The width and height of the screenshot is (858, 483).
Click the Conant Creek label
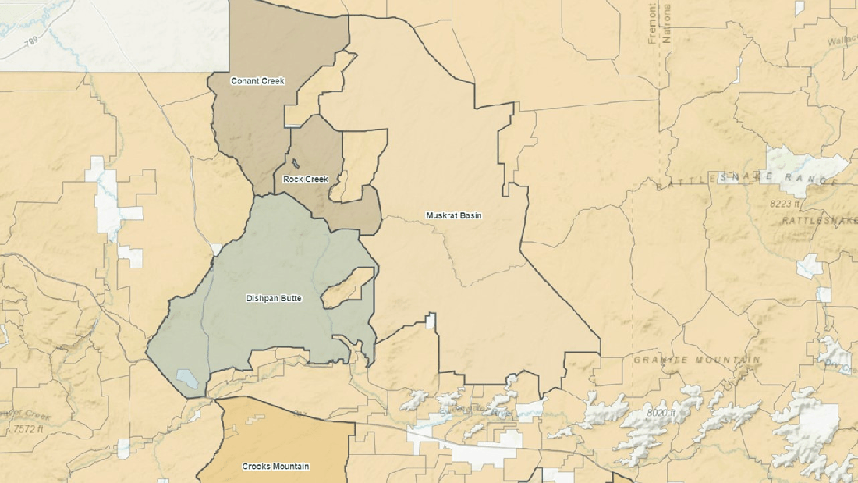[257, 81]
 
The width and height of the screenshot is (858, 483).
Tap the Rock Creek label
[306, 179]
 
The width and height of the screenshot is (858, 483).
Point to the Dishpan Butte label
[274, 298]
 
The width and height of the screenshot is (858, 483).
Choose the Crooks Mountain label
[275, 467]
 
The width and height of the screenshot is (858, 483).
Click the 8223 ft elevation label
[784, 204]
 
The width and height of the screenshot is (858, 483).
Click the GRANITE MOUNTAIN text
[697, 360]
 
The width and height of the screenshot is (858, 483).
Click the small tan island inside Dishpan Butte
[344, 286]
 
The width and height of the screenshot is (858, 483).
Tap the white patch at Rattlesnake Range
[805, 166]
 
